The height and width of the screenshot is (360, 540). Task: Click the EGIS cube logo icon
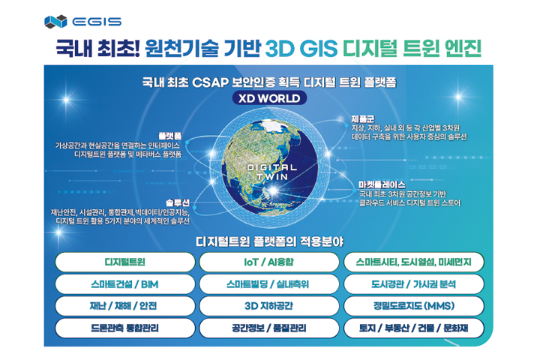click(x=55, y=22)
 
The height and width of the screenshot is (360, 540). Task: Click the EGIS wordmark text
click(x=97, y=22)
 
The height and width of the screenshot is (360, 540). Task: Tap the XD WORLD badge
click(x=269, y=98)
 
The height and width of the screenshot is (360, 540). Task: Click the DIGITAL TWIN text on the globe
click(x=272, y=172)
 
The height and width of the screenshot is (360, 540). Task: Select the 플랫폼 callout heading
click(x=169, y=136)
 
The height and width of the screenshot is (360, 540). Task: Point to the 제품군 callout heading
click(x=363, y=119)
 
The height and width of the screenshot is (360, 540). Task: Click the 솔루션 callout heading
click(x=178, y=202)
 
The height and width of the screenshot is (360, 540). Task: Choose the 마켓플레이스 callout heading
click(x=382, y=184)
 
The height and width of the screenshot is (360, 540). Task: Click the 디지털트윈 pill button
click(x=125, y=262)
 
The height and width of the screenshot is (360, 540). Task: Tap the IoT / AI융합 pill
click(x=269, y=262)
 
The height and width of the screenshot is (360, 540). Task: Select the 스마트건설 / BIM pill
click(x=125, y=284)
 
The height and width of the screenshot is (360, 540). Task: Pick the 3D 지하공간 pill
click(x=269, y=306)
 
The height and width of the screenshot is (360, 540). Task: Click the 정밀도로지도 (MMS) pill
click(x=414, y=306)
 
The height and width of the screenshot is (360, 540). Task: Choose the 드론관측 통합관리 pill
click(x=125, y=328)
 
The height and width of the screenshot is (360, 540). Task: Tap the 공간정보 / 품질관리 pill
click(x=269, y=328)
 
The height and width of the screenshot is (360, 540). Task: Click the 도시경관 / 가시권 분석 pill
click(x=414, y=284)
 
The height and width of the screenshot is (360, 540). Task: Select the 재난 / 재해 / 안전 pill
click(x=125, y=306)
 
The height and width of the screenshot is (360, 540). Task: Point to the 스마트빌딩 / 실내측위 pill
click(x=269, y=284)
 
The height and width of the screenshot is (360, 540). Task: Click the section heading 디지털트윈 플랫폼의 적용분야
click(x=269, y=241)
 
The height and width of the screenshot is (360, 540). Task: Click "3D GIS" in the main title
click(x=301, y=49)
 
